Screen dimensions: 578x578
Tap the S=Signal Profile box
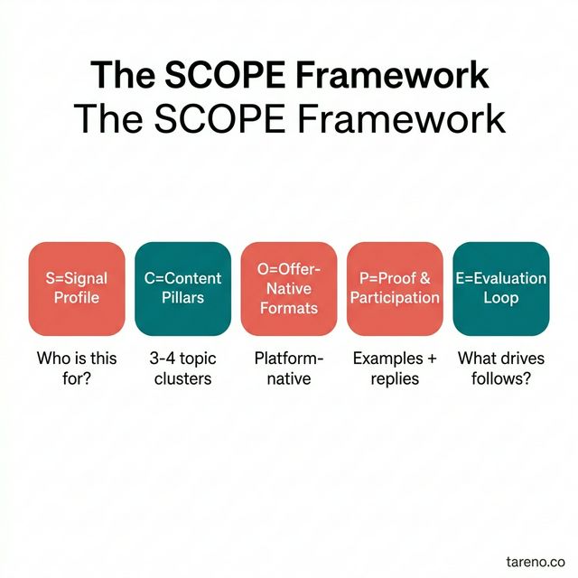pos(77,288)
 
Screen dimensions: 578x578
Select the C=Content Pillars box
pos(182,288)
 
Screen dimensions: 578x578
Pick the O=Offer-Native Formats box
pos(289,288)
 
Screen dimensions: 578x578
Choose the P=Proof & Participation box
pos(395,288)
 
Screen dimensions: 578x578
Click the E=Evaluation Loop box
pos(500,288)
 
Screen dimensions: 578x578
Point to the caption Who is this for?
pos(77,368)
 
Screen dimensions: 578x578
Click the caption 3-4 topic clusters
pos(182,368)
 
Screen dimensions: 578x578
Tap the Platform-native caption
pos(289,368)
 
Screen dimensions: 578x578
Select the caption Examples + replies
pos(395,368)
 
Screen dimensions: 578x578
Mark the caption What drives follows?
pos(500,368)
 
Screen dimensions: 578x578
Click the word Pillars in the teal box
pos(182,298)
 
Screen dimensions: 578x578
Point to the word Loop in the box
pos(500,298)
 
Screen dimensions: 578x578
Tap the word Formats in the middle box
pos(289,308)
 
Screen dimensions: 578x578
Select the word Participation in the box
pos(395,298)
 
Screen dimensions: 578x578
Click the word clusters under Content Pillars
pos(182,378)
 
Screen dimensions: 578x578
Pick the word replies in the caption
pos(395,378)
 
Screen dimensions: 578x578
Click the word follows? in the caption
pos(500,378)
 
